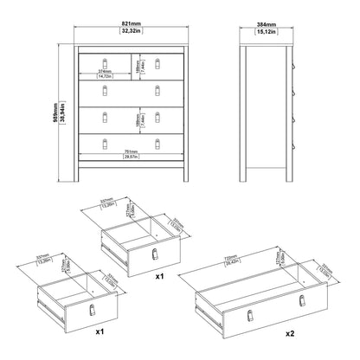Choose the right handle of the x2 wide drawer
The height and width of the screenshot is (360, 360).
302,299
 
